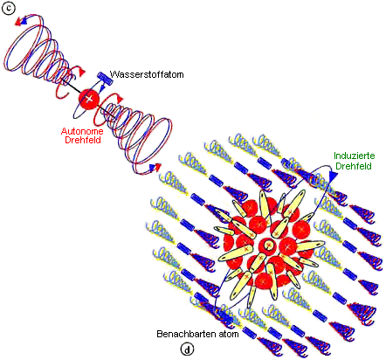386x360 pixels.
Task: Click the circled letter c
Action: click(9, 9)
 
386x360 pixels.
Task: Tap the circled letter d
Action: click(187, 350)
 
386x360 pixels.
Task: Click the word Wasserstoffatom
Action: click(147, 74)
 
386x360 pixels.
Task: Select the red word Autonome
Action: click(82, 131)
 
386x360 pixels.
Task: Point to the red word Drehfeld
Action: click(83, 140)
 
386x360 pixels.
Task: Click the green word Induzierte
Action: click(355, 156)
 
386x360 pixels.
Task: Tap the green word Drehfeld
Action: click(354, 166)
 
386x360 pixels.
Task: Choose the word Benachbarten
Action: click(184, 334)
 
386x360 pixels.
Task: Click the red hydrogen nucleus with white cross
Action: click(89, 99)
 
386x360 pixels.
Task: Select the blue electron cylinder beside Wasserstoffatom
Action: click(105, 79)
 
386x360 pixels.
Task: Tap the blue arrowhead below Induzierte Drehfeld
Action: click(333, 176)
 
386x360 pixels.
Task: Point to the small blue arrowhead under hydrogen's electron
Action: click(101, 87)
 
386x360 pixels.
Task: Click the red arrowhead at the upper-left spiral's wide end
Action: click(18, 22)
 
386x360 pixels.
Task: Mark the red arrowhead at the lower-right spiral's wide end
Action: click(157, 167)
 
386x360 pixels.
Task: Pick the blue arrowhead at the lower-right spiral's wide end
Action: click(152, 167)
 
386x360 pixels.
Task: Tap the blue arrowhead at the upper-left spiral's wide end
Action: click(24, 20)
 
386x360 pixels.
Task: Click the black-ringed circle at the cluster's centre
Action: click(267, 245)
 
